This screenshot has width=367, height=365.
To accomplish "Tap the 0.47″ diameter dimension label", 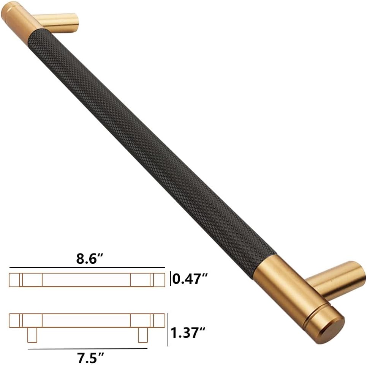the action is tap(190, 278).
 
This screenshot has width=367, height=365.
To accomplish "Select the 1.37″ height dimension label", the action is tap(188, 332).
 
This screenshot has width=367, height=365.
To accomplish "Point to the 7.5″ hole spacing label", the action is tap(90, 358).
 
